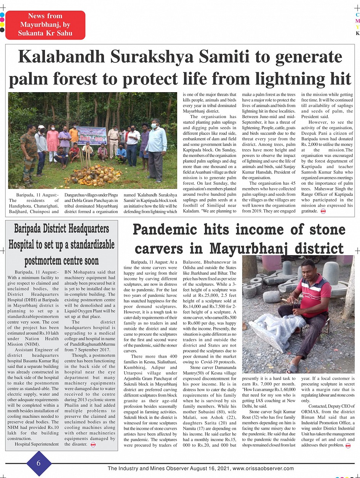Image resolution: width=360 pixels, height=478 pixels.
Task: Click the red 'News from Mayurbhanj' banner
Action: pos(45,25)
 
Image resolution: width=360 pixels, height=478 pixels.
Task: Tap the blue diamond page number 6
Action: pos(38,463)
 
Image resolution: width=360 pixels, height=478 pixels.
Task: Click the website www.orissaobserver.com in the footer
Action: pos(263,468)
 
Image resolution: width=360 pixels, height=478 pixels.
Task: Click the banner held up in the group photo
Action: pos(91,135)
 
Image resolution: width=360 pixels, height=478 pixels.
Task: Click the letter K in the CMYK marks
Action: pos(357,34)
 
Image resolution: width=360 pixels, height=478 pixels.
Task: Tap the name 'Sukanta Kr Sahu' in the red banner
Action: pos(45,33)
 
